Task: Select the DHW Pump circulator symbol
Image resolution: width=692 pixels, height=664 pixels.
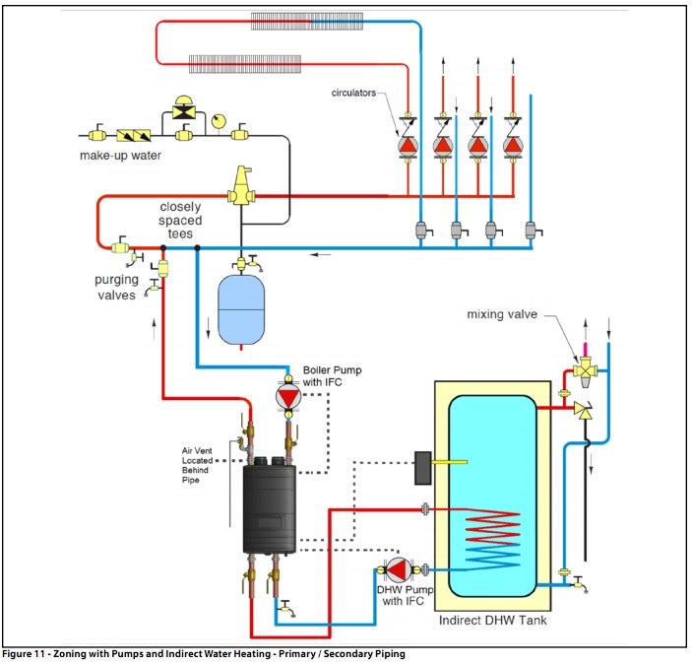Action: [x=398, y=569]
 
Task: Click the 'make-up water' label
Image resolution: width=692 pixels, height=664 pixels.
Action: [x=120, y=156]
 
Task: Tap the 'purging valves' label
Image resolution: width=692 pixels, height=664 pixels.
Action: [x=116, y=287]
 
